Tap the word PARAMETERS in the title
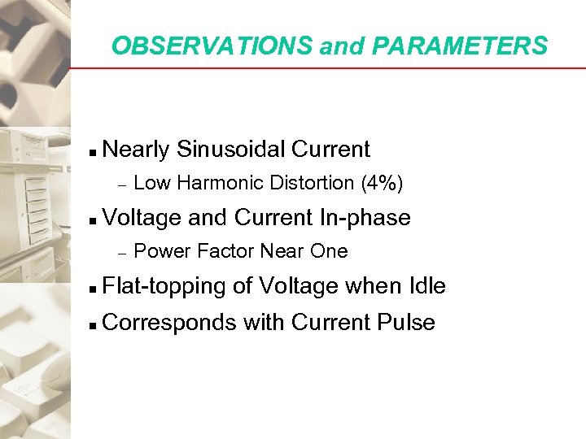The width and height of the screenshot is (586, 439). [461, 46]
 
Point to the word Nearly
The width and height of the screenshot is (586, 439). [137, 150]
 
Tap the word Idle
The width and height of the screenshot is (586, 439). [425, 286]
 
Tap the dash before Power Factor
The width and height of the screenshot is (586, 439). [120, 253]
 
